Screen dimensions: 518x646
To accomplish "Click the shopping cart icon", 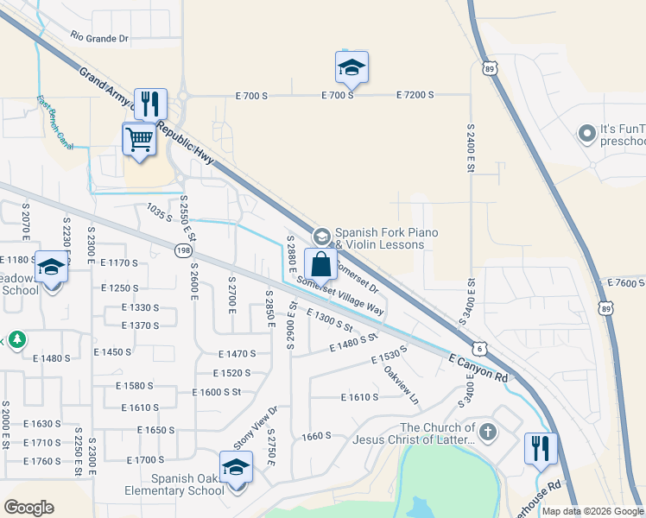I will coord(139,138).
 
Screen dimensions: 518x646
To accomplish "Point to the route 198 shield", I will coord(185,250).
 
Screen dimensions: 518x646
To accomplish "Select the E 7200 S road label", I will coord(415,95).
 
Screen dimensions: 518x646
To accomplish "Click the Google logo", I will coord(28,508).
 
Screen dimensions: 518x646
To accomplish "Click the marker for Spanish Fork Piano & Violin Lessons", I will coord(321,236).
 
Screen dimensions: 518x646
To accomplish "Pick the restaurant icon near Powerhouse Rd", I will coord(541,449).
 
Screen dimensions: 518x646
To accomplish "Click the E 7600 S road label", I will coord(626,283).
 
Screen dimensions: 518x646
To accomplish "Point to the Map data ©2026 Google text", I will coord(592,511).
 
